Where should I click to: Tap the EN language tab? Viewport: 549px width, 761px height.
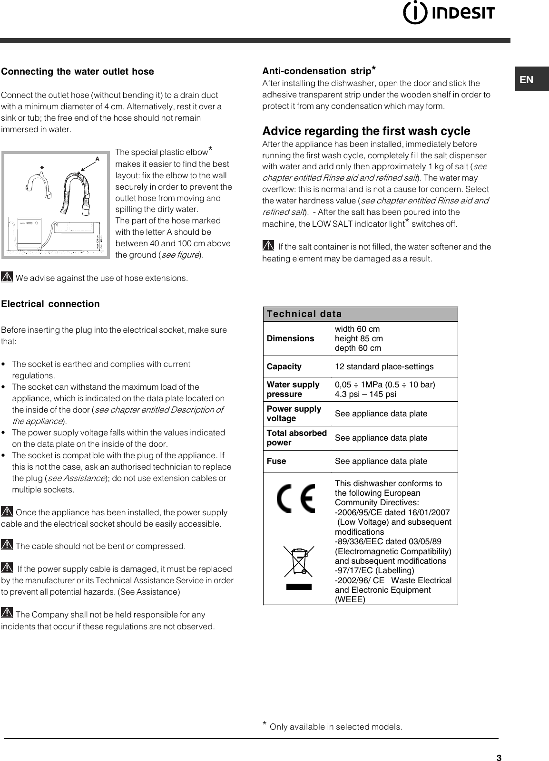[527, 80]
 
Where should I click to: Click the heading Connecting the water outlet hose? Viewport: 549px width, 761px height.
[78, 72]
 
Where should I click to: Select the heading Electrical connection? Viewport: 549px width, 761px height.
[50, 304]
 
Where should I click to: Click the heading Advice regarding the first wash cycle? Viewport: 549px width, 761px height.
[366, 131]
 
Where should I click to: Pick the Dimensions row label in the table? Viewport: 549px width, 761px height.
[290, 338]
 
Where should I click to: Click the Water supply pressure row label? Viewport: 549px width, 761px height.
[293, 389]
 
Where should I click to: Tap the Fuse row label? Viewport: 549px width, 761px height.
[276, 461]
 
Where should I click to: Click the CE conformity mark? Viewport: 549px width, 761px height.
[296, 498]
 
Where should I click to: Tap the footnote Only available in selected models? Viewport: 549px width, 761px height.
[333, 727]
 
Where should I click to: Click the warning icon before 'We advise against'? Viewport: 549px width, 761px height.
[7, 277]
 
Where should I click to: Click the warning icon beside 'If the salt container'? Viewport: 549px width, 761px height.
[268, 246]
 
